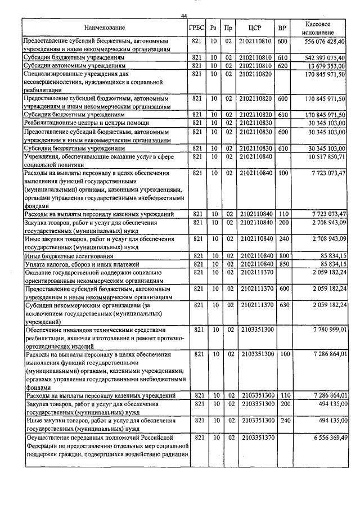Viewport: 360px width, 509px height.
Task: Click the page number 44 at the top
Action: [x=184, y=16]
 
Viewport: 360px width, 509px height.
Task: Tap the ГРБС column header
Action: [x=196, y=28]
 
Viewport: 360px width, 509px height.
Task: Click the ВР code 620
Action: [x=282, y=66]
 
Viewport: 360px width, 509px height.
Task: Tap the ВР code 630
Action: [x=282, y=304]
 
